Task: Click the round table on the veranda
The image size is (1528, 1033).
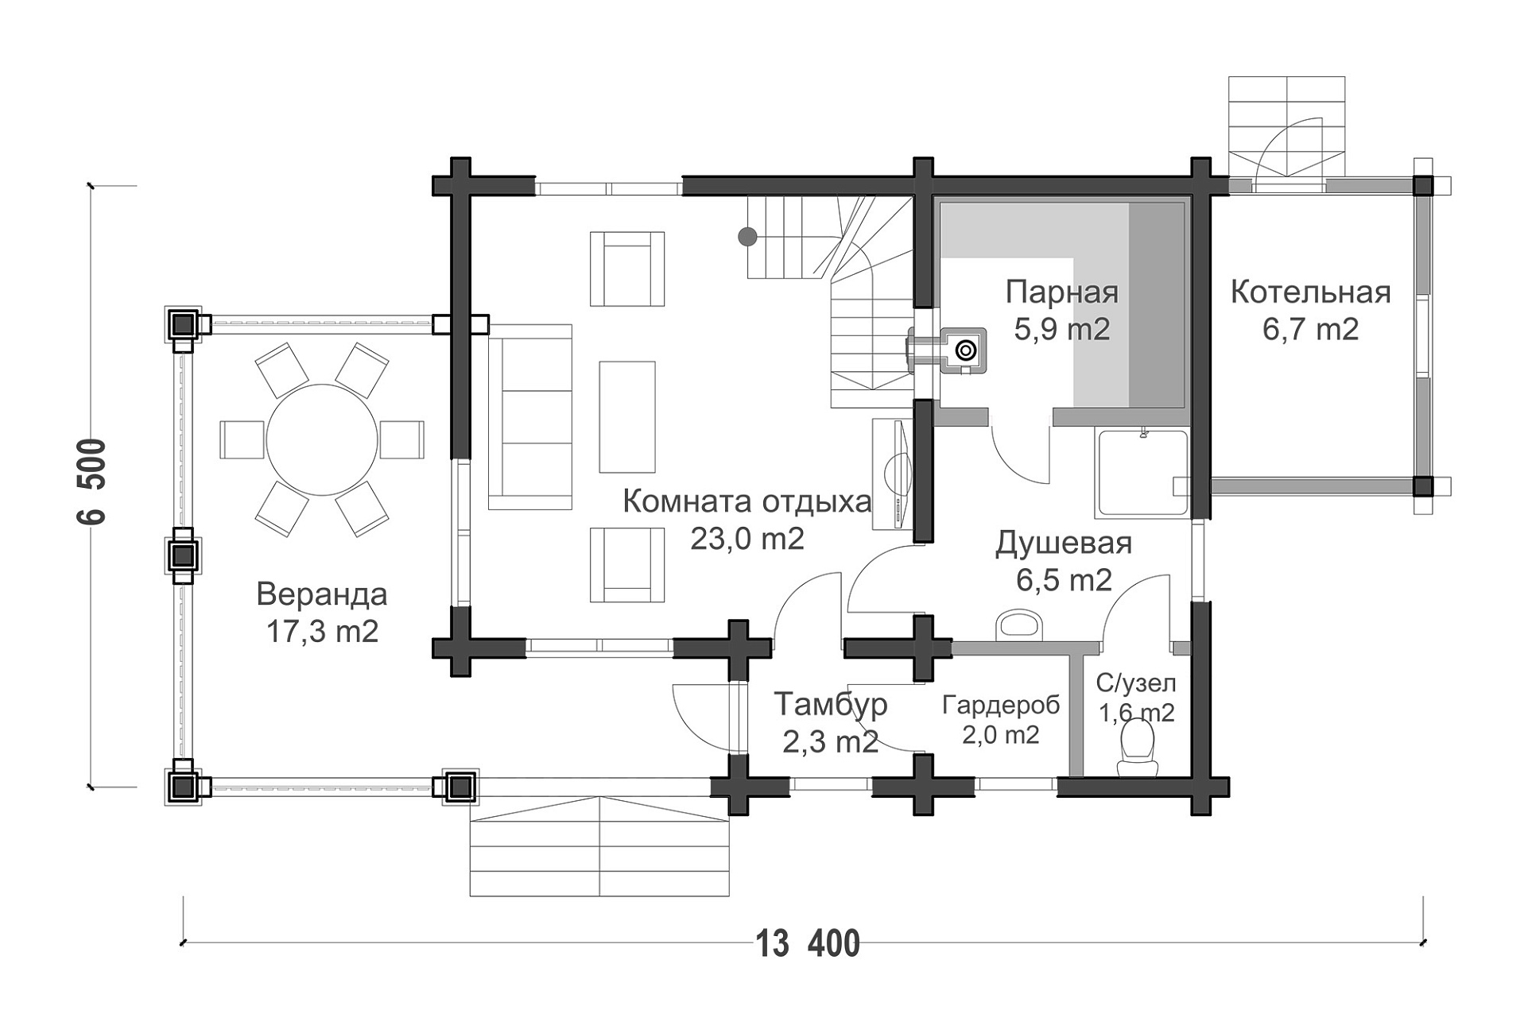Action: pos(321,439)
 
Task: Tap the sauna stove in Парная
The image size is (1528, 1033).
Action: pos(964,350)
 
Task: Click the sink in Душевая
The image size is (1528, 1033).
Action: pos(1018,624)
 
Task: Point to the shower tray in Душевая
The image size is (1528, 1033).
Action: pos(1142,473)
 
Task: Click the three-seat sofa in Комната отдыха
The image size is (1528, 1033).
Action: pos(530,416)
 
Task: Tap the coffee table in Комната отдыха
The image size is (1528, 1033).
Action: pos(627,416)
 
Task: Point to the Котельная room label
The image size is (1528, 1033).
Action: pos(1310,292)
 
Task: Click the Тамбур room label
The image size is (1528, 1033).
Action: pos(831,704)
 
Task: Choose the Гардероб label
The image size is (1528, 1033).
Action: pos(1001,705)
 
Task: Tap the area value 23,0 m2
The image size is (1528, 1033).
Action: pos(747,539)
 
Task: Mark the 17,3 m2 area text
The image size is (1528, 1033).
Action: pos(322,632)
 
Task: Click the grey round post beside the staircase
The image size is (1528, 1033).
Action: pos(747,236)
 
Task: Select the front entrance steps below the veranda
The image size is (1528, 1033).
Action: pos(599,846)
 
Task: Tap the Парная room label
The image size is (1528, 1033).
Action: pos(1062,292)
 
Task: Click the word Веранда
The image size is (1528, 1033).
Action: pos(322,594)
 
